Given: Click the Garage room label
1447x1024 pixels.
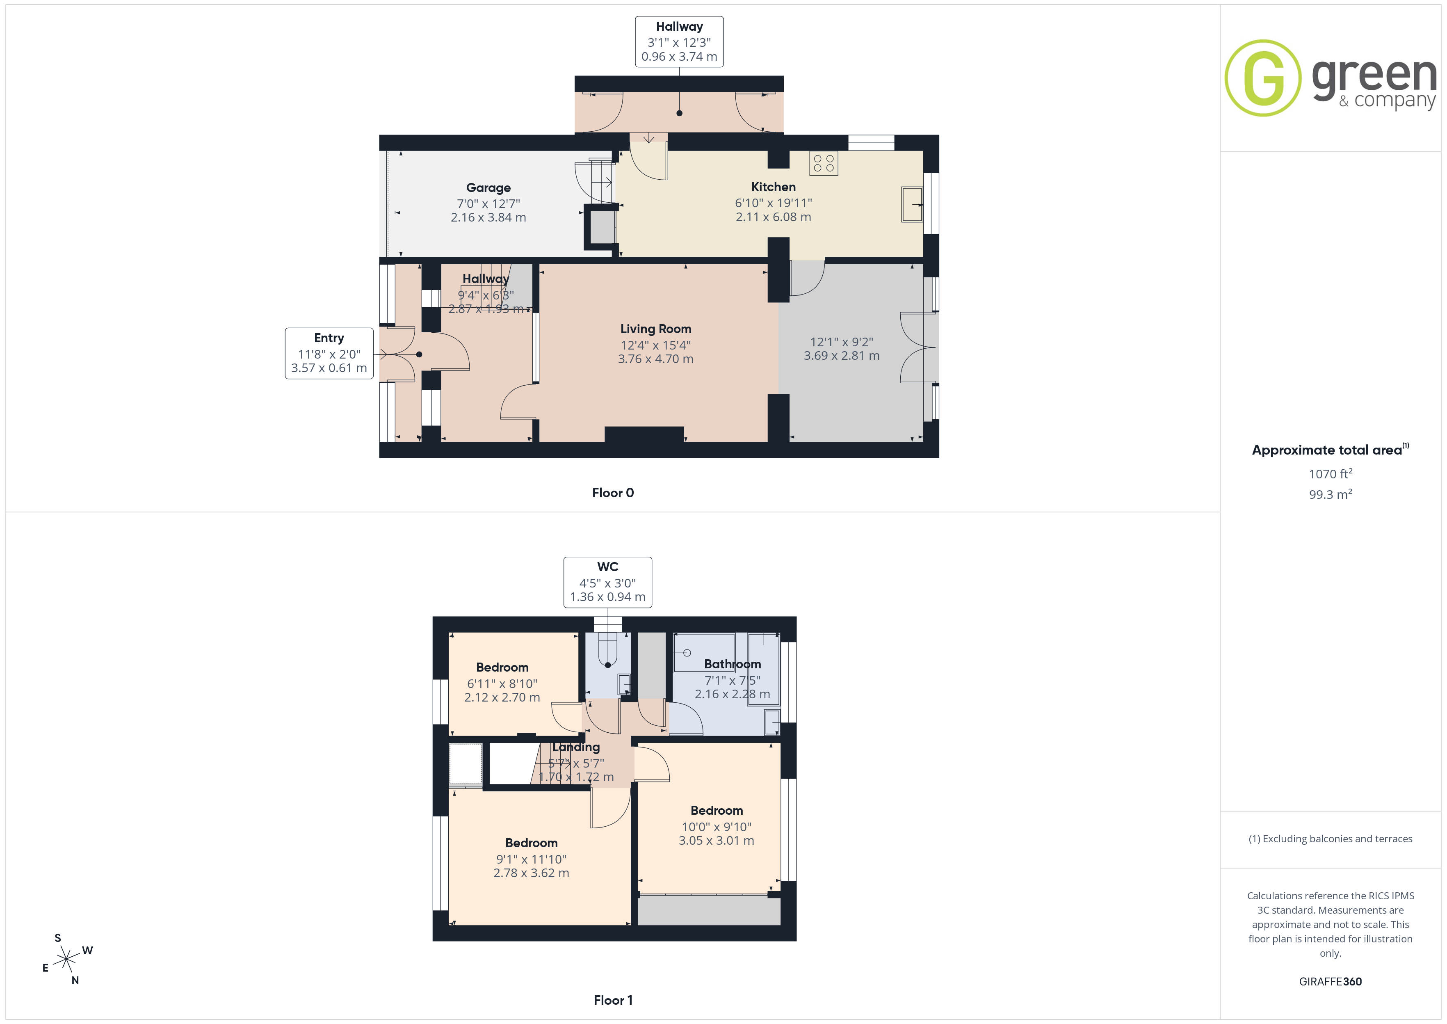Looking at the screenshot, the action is pyautogui.click(x=488, y=188).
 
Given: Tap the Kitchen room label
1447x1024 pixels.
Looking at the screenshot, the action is pyautogui.click(x=773, y=187).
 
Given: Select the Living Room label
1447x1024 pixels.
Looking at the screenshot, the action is pyautogui.click(x=655, y=329).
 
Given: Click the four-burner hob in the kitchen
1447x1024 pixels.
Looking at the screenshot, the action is pyautogui.click(x=824, y=163).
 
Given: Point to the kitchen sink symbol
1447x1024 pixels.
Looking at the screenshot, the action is pyautogui.click(x=912, y=204).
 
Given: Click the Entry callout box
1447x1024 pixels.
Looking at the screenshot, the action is pyautogui.click(x=329, y=353).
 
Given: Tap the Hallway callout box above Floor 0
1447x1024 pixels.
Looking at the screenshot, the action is pyautogui.click(x=679, y=41).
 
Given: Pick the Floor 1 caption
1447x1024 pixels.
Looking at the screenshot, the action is pyautogui.click(x=613, y=1000).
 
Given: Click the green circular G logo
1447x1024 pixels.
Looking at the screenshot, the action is pyautogui.click(x=1263, y=78).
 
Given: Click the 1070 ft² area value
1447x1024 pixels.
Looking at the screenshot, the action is pyautogui.click(x=1331, y=473).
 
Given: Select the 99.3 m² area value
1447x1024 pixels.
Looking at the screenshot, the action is pyautogui.click(x=1331, y=494).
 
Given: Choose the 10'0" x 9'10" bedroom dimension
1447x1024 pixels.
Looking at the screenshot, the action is pyautogui.click(x=717, y=827).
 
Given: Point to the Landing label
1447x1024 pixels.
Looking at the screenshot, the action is pyautogui.click(x=576, y=747).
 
